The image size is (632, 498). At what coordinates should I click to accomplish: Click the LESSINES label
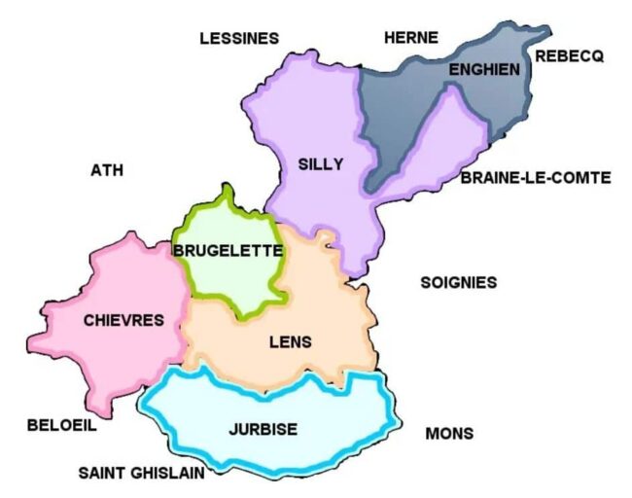(x=238, y=39)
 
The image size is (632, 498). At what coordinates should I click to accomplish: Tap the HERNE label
(x=411, y=38)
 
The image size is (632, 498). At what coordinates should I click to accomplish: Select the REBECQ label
(x=569, y=56)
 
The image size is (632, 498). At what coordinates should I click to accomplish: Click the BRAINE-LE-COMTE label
(x=536, y=177)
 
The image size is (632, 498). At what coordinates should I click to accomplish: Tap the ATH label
(x=107, y=170)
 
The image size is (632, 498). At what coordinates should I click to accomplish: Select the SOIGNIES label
(x=458, y=282)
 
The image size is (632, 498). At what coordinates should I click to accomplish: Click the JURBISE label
(x=263, y=429)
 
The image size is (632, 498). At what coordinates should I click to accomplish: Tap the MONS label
(x=449, y=434)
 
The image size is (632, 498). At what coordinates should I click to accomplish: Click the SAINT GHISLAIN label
(x=142, y=473)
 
